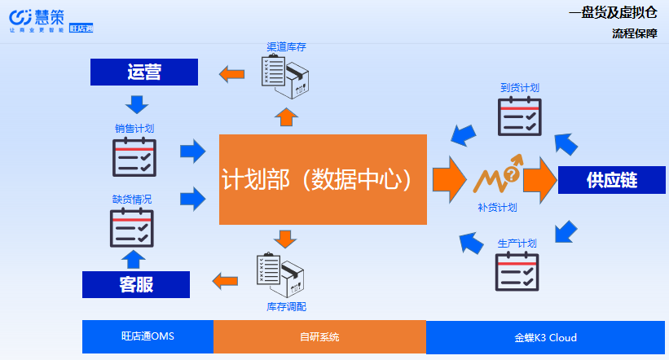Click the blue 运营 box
point(143,72)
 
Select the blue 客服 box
point(135,284)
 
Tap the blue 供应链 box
point(611,180)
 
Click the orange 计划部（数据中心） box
point(323,179)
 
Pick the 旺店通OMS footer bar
point(147,336)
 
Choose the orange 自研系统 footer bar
point(319,336)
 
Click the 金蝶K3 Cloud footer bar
point(545,336)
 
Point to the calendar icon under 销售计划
point(134,156)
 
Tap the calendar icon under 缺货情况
point(132,227)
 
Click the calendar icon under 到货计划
point(519,116)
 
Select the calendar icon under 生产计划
point(517,271)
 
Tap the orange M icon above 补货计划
point(497,175)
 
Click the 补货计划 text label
point(497,208)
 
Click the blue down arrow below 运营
point(136,104)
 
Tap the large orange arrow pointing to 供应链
point(539,177)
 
